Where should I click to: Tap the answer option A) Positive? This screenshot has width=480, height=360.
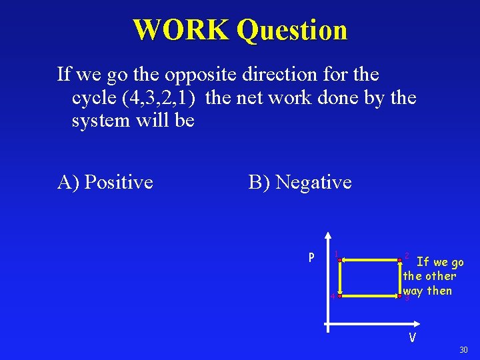click(105, 182)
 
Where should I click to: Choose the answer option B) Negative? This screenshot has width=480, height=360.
click(300, 182)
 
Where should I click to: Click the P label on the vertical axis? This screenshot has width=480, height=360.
click(311, 257)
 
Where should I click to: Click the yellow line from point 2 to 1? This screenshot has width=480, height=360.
click(369, 259)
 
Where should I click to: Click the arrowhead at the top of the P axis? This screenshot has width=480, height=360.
click(327, 236)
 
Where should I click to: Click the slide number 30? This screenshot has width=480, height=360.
click(464, 351)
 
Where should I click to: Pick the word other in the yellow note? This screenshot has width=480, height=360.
click(441, 276)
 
